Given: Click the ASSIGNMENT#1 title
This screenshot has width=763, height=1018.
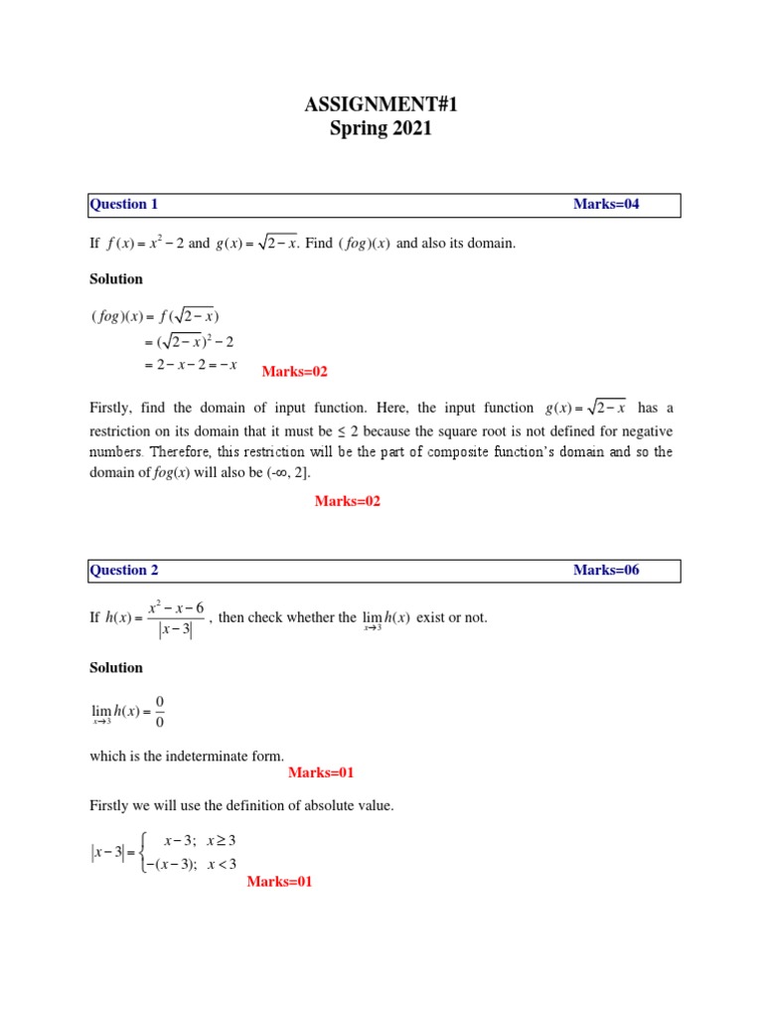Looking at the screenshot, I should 381,103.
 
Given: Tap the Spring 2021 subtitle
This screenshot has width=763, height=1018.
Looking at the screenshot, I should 381,128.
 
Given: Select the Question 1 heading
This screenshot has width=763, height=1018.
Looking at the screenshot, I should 124,205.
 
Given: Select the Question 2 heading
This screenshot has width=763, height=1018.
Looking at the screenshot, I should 124,571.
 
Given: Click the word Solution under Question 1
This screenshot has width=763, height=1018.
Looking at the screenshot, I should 116,279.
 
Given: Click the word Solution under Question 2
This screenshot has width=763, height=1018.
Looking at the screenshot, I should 116,669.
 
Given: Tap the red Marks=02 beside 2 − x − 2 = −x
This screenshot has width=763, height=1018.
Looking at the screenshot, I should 294,372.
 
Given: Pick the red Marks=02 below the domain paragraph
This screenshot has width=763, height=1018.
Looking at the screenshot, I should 347,502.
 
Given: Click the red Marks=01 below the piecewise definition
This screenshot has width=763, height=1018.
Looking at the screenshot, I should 279,882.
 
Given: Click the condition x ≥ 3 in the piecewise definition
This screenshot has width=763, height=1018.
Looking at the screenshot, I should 221,841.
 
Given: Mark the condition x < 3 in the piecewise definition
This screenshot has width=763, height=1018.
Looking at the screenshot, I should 221,863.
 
